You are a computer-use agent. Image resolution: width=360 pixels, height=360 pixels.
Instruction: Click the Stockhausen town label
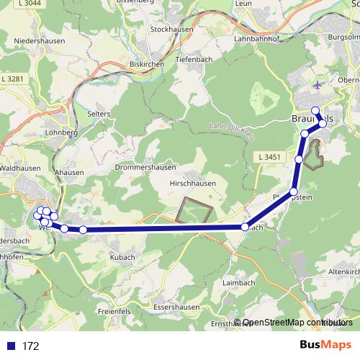click(169, 30)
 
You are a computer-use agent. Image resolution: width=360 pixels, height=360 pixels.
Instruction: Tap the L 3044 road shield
click(28, 4)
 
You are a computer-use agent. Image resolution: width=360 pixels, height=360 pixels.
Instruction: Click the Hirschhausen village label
click(193, 185)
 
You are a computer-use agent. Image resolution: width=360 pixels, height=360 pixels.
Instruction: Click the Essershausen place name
click(175, 306)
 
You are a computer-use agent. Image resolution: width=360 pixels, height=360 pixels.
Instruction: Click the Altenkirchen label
click(343, 272)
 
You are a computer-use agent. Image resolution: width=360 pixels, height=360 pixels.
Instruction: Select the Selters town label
click(98, 114)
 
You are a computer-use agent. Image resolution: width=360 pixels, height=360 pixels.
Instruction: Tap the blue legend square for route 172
click(10, 346)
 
